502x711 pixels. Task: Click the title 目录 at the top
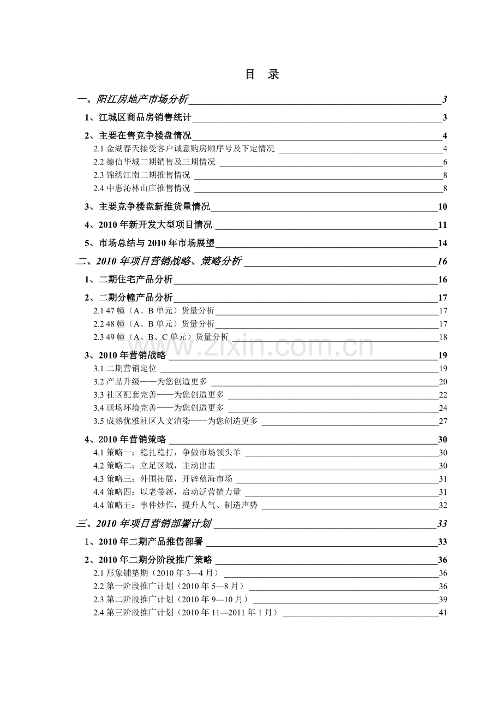[x=262, y=75]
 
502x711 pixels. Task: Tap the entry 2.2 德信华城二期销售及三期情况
[x=154, y=162]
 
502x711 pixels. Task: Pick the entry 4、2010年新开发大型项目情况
[x=148, y=225]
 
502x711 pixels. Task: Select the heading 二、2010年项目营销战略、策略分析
[x=159, y=262]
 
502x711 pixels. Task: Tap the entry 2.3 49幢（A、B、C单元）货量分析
[x=161, y=337]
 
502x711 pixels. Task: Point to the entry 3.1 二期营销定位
[x=125, y=369]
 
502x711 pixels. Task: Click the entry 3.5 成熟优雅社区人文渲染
[x=175, y=421]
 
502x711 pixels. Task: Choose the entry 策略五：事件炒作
[x=175, y=505]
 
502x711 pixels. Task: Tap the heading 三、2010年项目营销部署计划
[x=144, y=524]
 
